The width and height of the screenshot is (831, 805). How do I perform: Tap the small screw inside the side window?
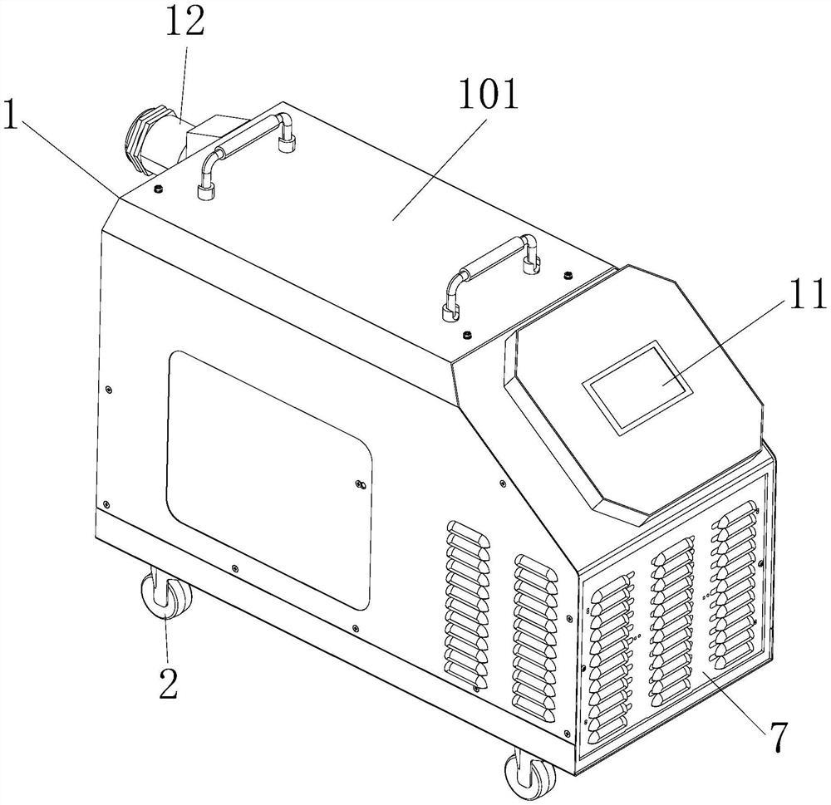359,483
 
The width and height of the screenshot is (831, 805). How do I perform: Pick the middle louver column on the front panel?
671,618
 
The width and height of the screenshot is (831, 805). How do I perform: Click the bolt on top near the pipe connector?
156,189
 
